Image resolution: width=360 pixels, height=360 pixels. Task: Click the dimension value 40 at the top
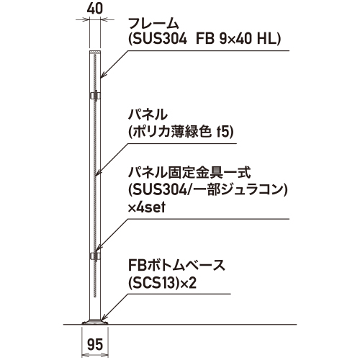[x=94, y=9]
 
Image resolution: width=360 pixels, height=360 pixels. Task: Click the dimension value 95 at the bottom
[x=95, y=344]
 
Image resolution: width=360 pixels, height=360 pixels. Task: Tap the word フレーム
[x=154, y=24]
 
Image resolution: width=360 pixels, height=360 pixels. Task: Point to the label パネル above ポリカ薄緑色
[x=148, y=114]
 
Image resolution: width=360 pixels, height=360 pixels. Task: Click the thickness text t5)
[x=225, y=132]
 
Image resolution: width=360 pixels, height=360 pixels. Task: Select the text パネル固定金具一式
[x=189, y=172]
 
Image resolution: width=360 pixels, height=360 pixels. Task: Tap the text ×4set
[x=147, y=207]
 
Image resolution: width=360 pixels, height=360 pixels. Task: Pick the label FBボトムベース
[x=177, y=265]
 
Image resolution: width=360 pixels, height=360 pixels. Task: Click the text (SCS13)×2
[x=163, y=283]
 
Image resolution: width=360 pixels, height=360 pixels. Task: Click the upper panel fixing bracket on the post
[x=95, y=96]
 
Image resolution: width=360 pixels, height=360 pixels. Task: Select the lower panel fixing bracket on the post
[x=95, y=256]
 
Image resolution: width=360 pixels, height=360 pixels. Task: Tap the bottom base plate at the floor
[x=95, y=322]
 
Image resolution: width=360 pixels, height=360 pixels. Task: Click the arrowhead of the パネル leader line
[x=98, y=173]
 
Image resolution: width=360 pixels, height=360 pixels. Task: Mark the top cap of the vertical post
[x=95, y=52]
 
